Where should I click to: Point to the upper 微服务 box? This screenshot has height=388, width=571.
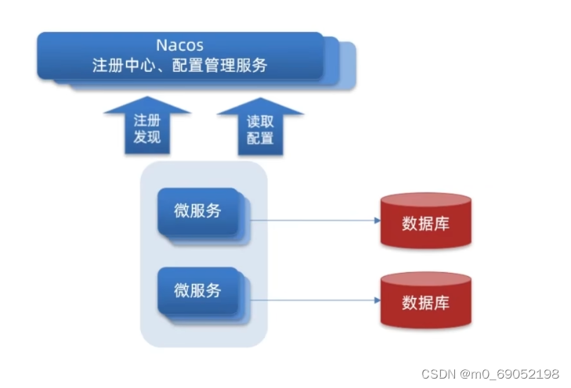pyautogui.click(x=197, y=211)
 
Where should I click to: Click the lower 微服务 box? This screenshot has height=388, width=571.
pyautogui.click(x=197, y=291)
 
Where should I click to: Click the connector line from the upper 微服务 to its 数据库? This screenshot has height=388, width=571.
pyautogui.click(x=313, y=221)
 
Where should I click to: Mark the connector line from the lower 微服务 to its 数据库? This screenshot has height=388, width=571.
pyautogui.click(x=313, y=300)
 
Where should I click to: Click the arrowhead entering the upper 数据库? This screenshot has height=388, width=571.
pyautogui.click(x=376, y=221)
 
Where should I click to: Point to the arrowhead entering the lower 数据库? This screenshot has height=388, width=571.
pyautogui.click(x=376, y=300)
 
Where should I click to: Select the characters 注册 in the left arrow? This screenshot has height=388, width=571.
pyautogui.click(x=146, y=120)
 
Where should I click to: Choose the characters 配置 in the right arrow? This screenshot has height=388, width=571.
pyautogui.click(x=260, y=138)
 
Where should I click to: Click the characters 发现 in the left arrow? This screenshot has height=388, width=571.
pyautogui.click(x=146, y=138)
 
